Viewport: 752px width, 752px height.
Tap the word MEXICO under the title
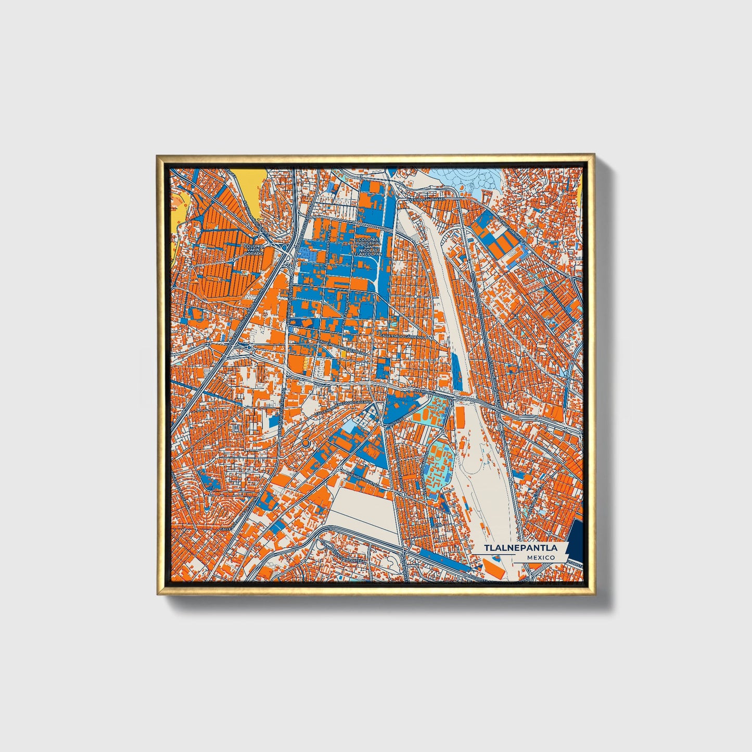pyautogui.click(x=540, y=557)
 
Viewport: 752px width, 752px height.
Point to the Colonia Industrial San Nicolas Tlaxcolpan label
pyautogui.click(x=369, y=247)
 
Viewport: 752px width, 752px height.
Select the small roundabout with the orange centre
pyautogui.click(x=305, y=443)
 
